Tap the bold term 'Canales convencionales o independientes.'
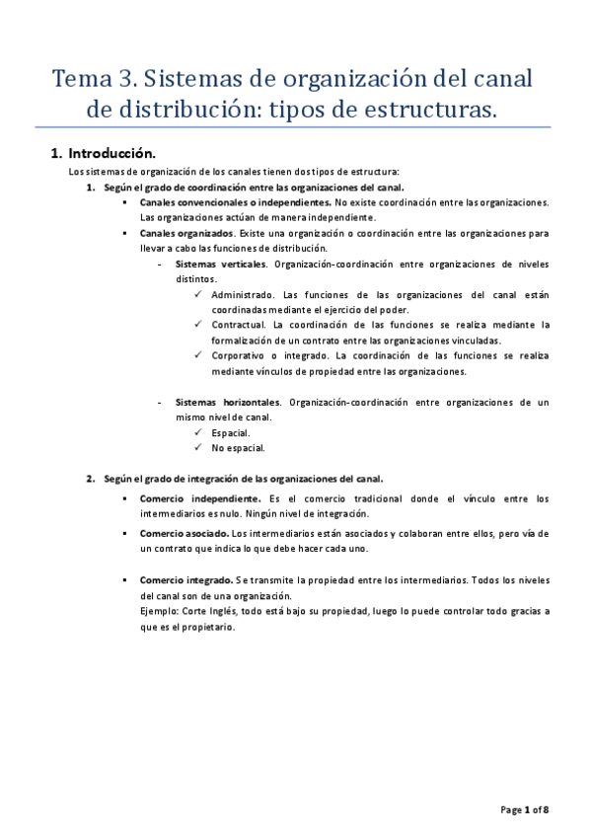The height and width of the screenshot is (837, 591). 235,201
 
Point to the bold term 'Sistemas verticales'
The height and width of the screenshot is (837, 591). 221,265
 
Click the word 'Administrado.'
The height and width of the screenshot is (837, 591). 244,295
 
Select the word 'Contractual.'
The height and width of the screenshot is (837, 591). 240,325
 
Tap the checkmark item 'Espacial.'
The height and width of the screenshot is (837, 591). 231,432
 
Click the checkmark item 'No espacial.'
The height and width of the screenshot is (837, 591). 238,447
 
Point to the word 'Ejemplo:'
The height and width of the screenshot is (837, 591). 161,611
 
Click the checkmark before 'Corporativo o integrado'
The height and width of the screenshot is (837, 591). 199,355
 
